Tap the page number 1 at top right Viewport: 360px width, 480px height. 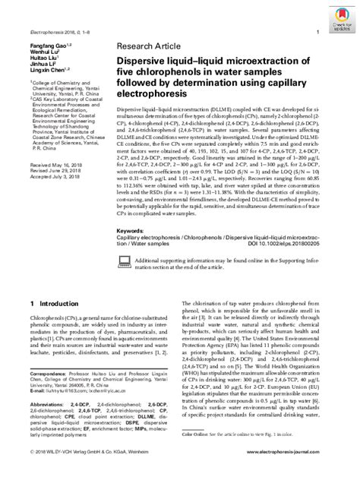point(316,32)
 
